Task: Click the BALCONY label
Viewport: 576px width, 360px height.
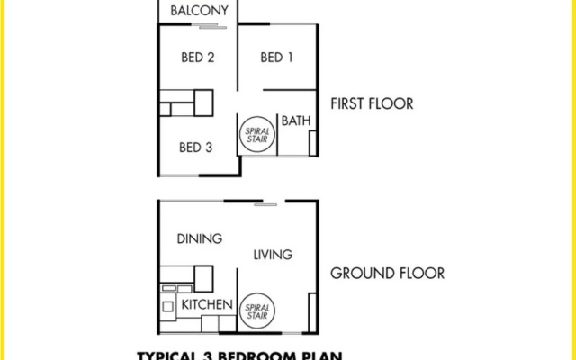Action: (x=198, y=10)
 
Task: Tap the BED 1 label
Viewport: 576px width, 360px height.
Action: (x=276, y=58)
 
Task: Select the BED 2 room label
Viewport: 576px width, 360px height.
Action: (x=197, y=58)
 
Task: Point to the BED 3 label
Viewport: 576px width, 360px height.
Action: (x=195, y=147)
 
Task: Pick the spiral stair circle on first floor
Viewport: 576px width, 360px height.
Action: (x=256, y=136)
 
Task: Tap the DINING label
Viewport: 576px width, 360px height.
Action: (x=199, y=238)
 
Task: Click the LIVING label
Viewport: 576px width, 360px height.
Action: (x=272, y=255)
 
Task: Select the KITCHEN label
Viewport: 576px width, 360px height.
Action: (x=208, y=305)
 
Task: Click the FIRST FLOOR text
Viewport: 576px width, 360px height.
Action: (x=372, y=103)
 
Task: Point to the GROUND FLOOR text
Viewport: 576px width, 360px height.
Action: (x=387, y=274)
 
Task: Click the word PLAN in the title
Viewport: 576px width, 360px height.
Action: (x=322, y=355)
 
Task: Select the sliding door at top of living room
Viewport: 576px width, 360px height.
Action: (x=265, y=205)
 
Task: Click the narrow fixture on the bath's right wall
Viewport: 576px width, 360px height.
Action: (x=312, y=145)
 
